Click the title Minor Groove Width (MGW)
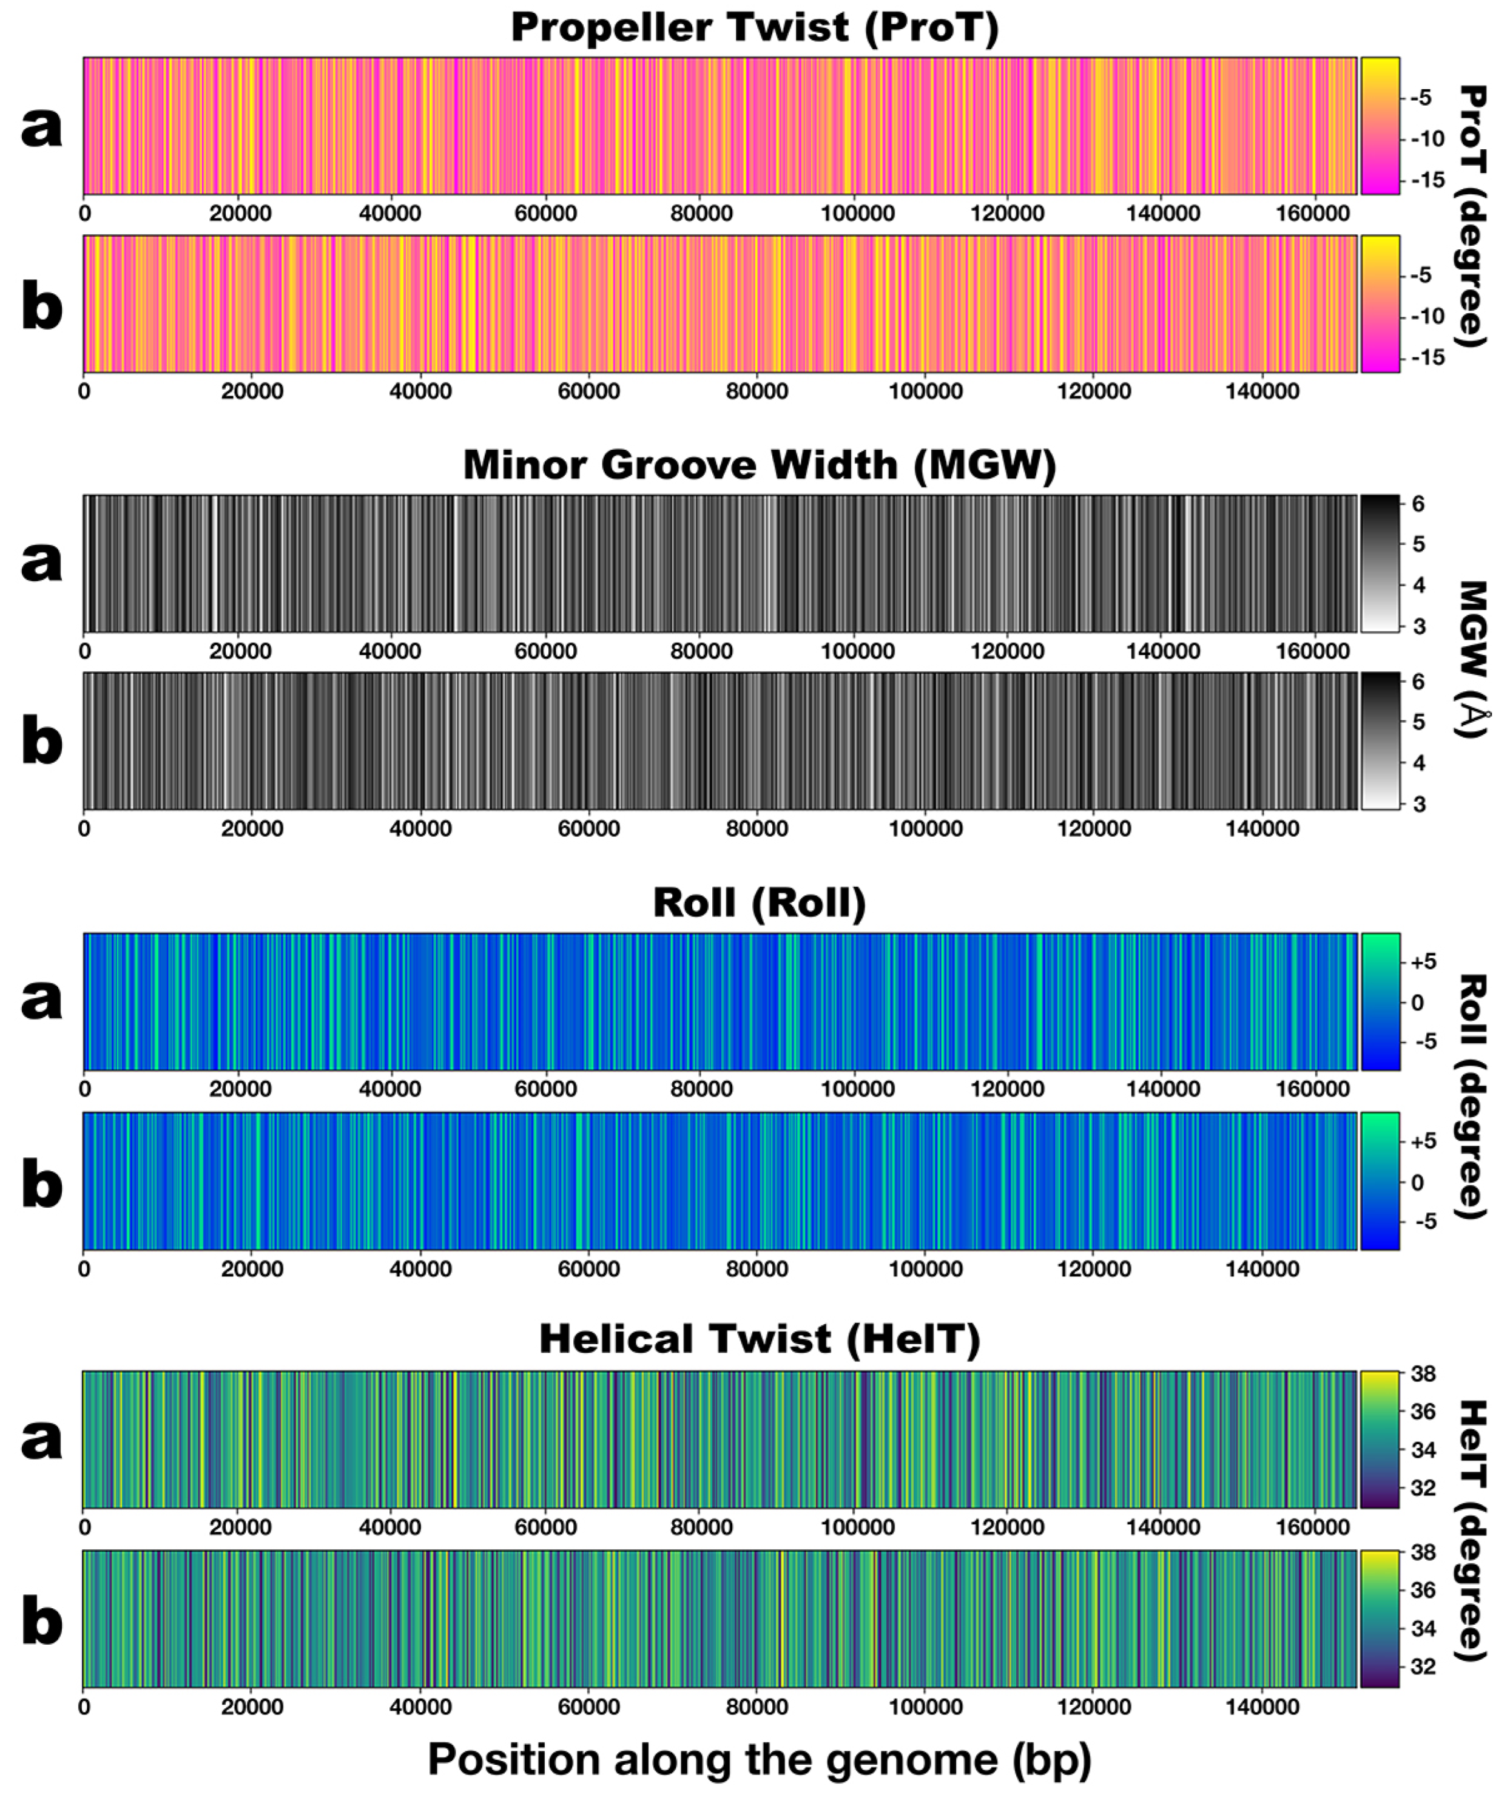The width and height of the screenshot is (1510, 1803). [x=759, y=465]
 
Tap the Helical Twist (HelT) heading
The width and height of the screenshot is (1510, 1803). [x=759, y=1339]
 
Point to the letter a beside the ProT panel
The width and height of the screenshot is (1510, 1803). [x=41, y=127]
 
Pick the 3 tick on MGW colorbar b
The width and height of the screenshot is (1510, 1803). [x=1419, y=805]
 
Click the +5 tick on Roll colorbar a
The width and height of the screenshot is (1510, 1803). [x=1423, y=962]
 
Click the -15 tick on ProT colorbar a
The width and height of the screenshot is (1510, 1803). [x=1427, y=180]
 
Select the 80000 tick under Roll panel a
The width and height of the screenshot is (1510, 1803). [x=701, y=1089]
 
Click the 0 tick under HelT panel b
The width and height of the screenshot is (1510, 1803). [x=84, y=1707]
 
